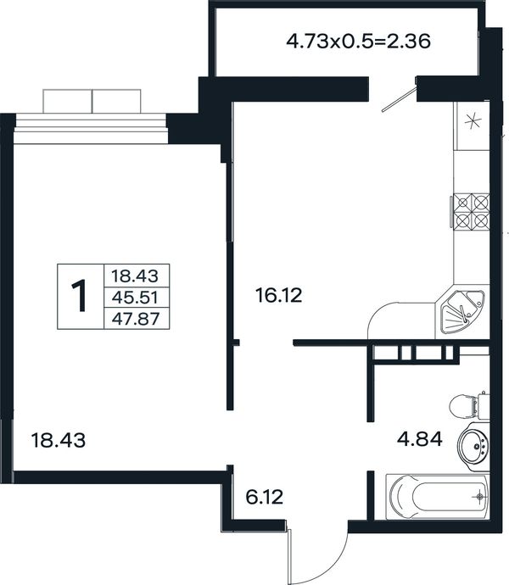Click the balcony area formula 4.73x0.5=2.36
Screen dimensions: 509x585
[359, 41]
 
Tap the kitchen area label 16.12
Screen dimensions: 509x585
[278, 296]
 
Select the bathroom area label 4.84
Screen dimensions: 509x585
[420, 439]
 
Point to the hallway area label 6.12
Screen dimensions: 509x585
[265, 497]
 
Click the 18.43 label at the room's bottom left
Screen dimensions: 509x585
[59, 440]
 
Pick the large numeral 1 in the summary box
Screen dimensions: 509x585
[79, 296]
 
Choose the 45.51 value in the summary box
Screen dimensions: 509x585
[135, 298]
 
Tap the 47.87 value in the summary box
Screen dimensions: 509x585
[136, 319]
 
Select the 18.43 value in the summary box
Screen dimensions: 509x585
[135, 276]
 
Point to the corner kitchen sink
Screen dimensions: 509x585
[462, 312]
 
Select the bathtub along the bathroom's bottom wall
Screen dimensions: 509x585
[437, 497]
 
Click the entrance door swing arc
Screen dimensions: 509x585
[332, 568]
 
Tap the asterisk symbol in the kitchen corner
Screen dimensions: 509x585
[472, 121]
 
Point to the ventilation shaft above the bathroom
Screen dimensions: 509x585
[414, 353]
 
